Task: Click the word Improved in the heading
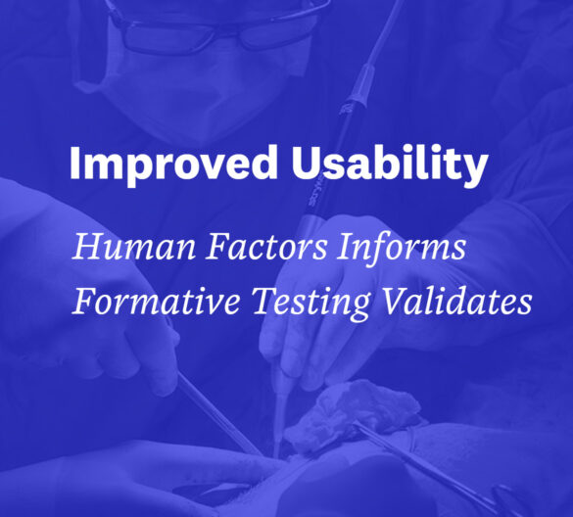pos(173,163)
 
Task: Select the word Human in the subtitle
pos(134,247)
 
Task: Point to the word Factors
pos(266,247)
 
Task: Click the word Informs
pos(401,247)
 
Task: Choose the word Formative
pos(156,302)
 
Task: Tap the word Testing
pos(310,304)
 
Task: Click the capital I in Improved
pos(74,163)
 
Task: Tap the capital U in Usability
pos(306,163)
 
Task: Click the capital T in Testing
pos(265,301)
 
